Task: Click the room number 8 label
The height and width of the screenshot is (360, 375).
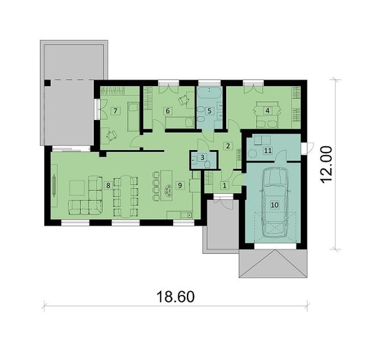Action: point(107,185)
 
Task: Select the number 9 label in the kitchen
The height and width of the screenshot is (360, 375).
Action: point(180,185)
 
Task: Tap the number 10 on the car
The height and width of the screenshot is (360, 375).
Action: point(274,204)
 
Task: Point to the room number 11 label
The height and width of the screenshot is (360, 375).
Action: point(268,151)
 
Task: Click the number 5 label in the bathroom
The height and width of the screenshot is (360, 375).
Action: point(209,110)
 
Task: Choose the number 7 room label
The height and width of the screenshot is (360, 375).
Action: point(168,110)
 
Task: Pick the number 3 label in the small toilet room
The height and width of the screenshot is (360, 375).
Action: point(115,110)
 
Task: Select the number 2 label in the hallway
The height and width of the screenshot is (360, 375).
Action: point(228,146)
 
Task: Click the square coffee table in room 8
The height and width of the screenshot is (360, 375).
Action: point(77,186)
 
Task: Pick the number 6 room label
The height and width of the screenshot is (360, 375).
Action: point(168,110)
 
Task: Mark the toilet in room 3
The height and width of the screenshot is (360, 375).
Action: point(207,164)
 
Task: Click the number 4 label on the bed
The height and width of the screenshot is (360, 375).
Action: point(268,110)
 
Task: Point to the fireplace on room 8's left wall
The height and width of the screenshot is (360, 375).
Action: point(55,185)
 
